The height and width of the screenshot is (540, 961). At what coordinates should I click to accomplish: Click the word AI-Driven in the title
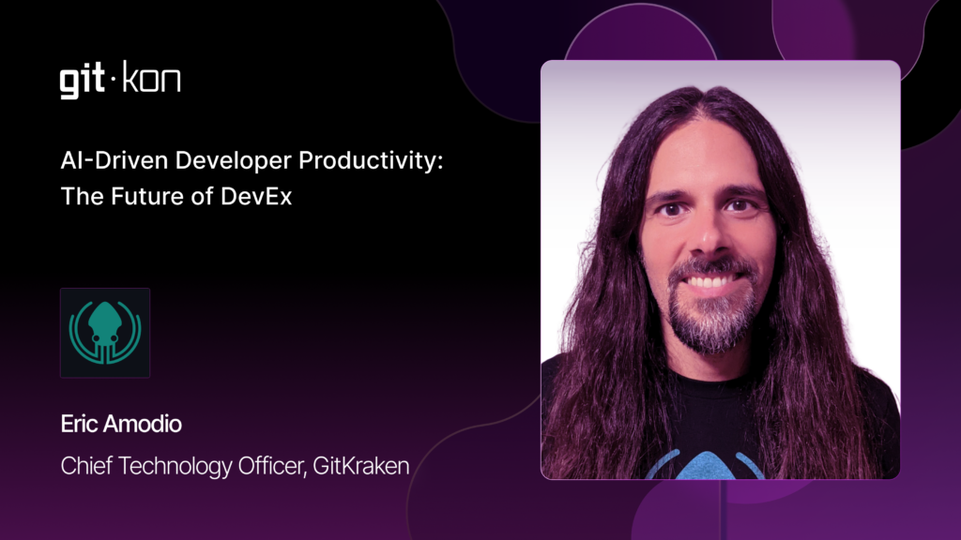click(114, 160)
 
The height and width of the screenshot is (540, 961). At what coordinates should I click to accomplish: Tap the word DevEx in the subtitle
click(256, 197)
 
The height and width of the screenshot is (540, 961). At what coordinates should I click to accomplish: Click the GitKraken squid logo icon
click(105, 333)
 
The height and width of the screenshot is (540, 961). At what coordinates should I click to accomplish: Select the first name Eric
click(78, 424)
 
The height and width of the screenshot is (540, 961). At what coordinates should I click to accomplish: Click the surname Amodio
click(143, 424)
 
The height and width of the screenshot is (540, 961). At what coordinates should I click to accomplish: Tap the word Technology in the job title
click(175, 467)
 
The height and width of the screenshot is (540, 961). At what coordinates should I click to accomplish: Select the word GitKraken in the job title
click(361, 466)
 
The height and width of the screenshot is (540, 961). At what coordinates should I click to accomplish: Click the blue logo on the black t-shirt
click(706, 465)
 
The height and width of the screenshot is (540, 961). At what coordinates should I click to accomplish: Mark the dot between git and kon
click(114, 79)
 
